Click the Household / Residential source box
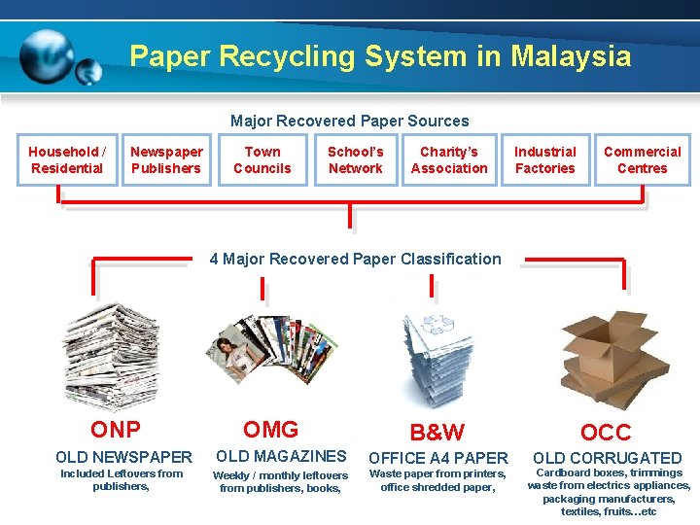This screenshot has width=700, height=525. [x=66, y=159]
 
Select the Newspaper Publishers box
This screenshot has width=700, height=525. [x=166, y=159]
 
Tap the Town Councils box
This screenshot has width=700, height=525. [x=262, y=159]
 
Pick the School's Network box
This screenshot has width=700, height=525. [x=355, y=159]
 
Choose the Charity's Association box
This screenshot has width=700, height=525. [x=449, y=159]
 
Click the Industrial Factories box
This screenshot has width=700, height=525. [x=544, y=159]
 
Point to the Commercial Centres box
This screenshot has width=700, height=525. [x=642, y=159]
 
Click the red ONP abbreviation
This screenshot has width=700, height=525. [x=116, y=430]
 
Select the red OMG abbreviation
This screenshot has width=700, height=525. [x=270, y=430]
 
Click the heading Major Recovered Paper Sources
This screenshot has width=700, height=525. [x=349, y=122]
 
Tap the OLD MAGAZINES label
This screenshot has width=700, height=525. [x=281, y=456]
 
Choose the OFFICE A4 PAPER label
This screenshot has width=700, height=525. [x=437, y=458]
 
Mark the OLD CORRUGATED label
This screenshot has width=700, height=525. [x=607, y=458]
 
